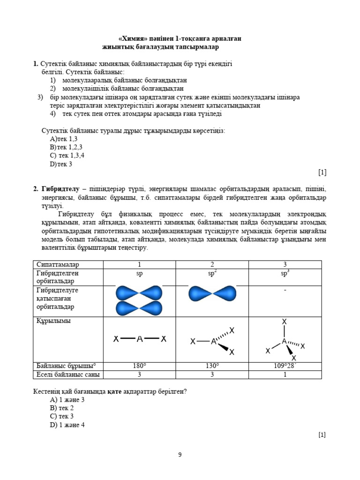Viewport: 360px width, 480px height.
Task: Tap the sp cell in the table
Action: click(x=139, y=273)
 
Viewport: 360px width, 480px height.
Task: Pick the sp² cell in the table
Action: click(x=212, y=273)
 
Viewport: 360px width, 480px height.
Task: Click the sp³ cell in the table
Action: click(x=285, y=273)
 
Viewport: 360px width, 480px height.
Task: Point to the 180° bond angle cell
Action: click(x=139, y=366)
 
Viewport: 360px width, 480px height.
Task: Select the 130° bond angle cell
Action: click(x=212, y=366)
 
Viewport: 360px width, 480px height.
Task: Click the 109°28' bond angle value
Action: click(x=285, y=366)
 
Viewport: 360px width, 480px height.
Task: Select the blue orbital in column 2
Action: click(x=212, y=293)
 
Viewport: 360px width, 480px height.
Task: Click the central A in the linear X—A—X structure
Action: click(x=139, y=339)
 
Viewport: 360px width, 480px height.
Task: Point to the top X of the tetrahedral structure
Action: click(x=284, y=322)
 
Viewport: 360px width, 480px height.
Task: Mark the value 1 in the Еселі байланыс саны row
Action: click(x=285, y=375)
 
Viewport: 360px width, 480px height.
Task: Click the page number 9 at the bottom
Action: click(x=180, y=454)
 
